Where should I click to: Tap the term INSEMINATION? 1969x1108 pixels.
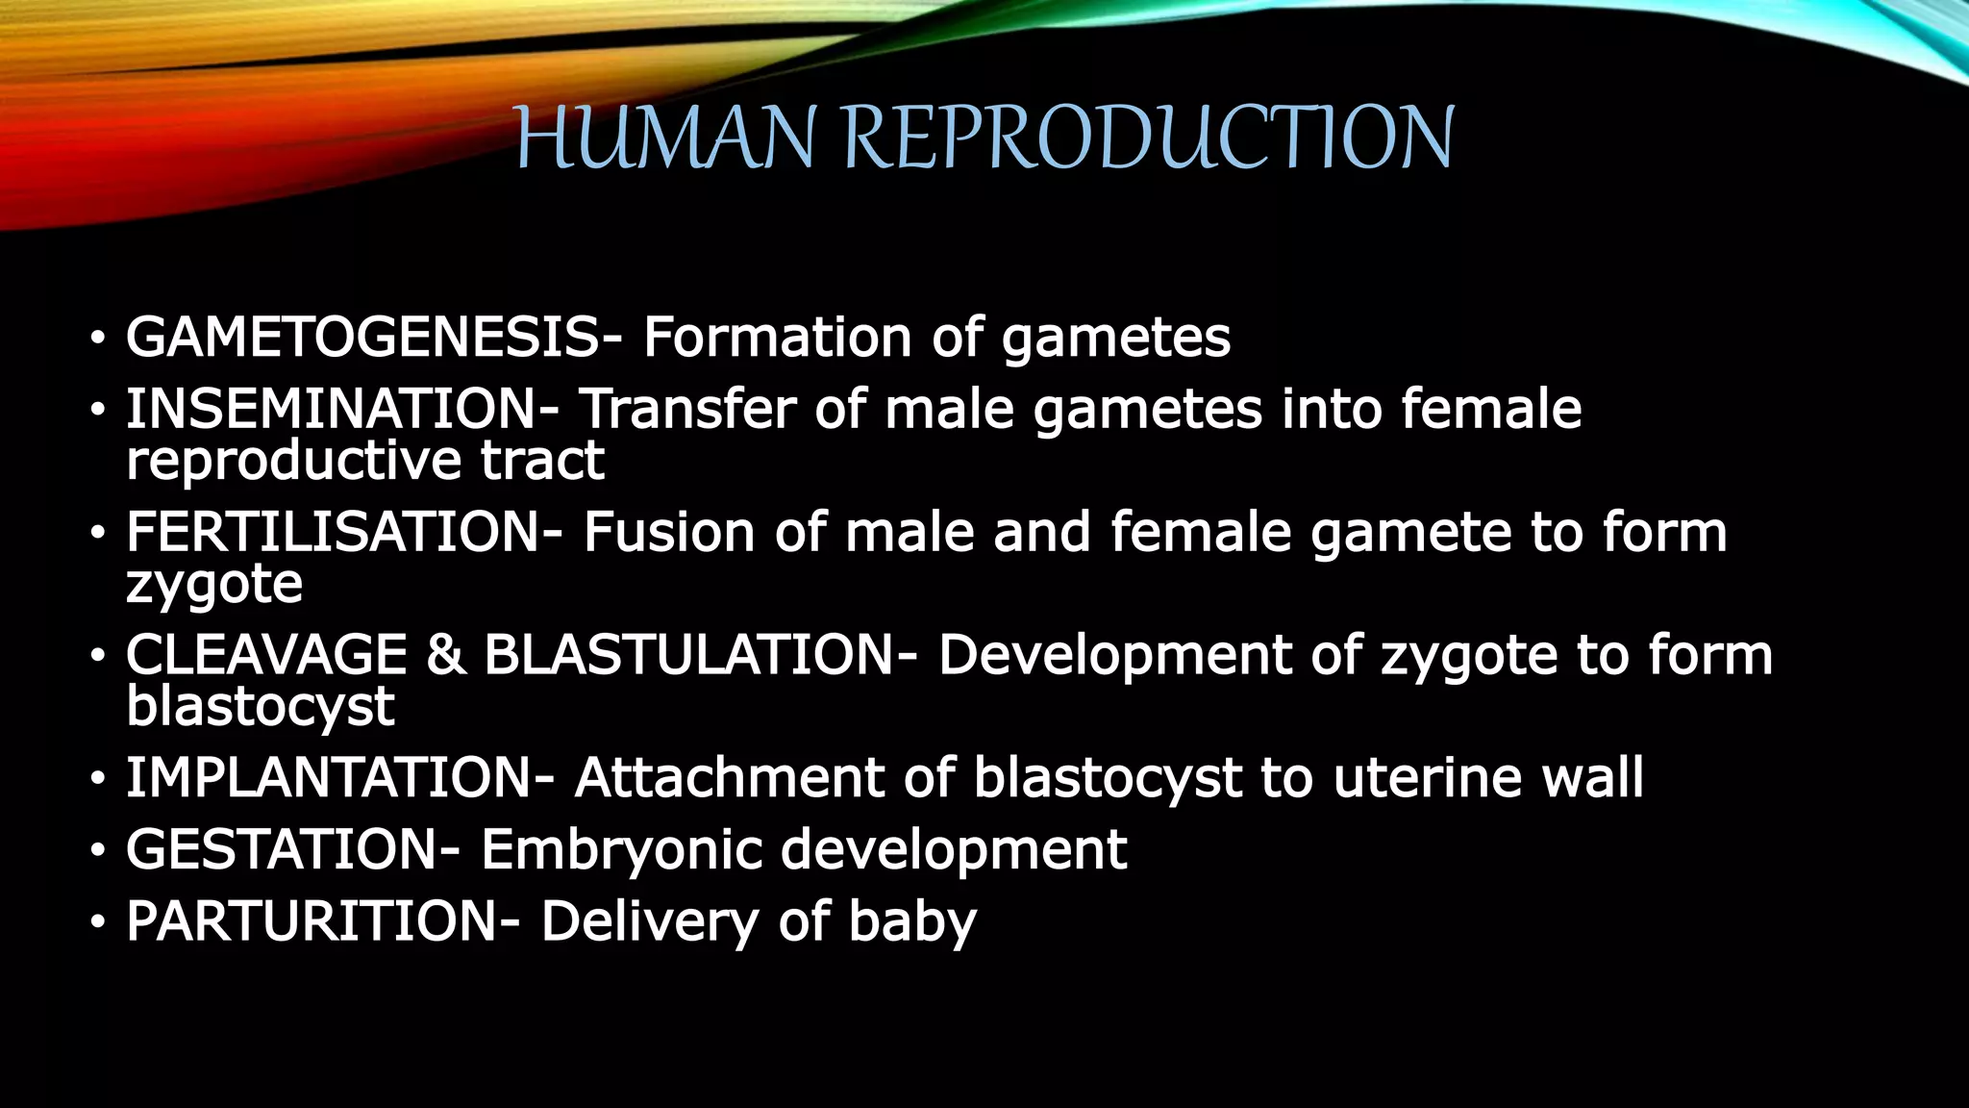tap(333, 409)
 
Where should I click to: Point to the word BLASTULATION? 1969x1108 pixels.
tap(688, 655)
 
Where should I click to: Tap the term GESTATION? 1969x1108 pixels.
tap(282, 849)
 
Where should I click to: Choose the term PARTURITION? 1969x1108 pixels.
tap(312, 921)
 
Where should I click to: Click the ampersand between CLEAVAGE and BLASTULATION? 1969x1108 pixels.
tap(445, 655)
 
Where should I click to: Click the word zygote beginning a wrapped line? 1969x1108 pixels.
tap(214, 585)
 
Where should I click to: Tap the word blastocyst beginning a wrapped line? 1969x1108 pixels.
tap(260, 707)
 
